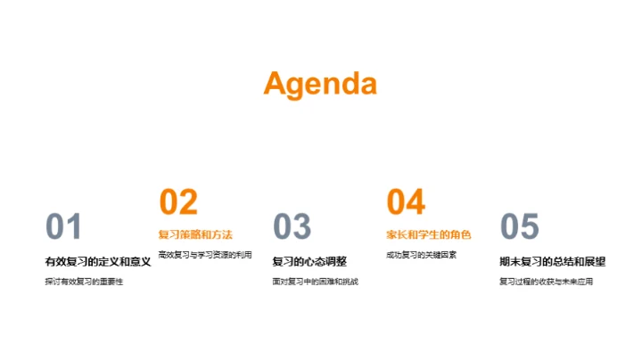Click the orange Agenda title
pyautogui.click(x=320, y=84)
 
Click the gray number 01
pyautogui.click(x=63, y=228)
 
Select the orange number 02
pyautogui.click(x=177, y=202)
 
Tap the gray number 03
pyautogui.click(x=292, y=228)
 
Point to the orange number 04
pyautogui.click(x=406, y=202)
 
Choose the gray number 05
pyautogui.click(x=520, y=228)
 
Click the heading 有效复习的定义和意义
pyautogui.click(x=98, y=262)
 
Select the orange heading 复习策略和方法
pyautogui.click(x=195, y=235)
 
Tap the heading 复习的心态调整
pyautogui.click(x=309, y=262)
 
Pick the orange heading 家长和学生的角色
pyautogui.click(x=429, y=235)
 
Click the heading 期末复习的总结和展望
pyautogui.click(x=553, y=262)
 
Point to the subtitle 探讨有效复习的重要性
pyautogui.click(x=84, y=282)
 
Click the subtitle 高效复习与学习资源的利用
pyautogui.click(x=205, y=255)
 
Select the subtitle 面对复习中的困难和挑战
pyautogui.click(x=316, y=282)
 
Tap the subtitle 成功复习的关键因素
pyautogui.click(x=422, y=255)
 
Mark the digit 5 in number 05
pyautogui.click(x=530, y=228)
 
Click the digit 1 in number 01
pyautogui.click(x=74, y=228)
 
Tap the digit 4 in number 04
pyautogui.click(x=416, y=202)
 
